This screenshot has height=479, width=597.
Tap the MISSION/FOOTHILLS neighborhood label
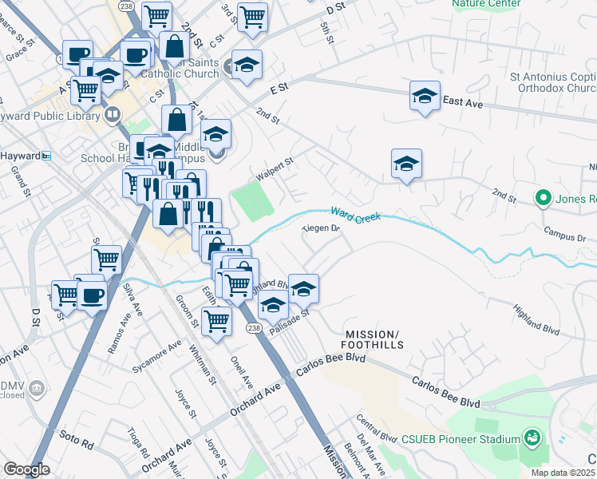click(x=374, y=338)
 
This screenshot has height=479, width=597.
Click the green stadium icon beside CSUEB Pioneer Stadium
click(x=531, y=437)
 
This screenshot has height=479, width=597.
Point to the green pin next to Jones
click(x=544, y=196)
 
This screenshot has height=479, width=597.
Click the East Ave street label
click(x=463, y=101)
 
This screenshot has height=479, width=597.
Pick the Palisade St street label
click(x=290, y=323)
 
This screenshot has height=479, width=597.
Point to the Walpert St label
click(x=275, y=168)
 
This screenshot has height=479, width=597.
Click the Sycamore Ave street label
click(x=156, y=358)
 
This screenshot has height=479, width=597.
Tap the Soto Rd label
click(x=77, y=437)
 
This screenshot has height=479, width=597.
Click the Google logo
click(x=26, y=469)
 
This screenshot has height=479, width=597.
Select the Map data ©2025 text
click(x=563, y=473)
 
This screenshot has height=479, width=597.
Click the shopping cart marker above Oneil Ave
click(x=216, y=320)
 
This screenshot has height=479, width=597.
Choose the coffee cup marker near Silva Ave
click(x=93, y=295)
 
